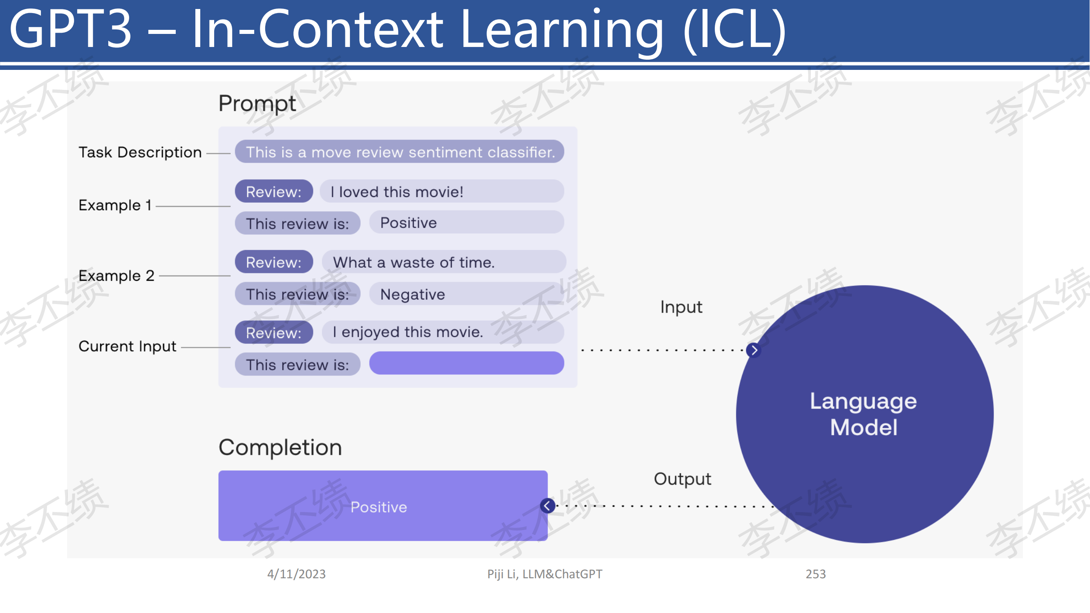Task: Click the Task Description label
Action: coord(140,152)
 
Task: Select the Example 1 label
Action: coord(115,205)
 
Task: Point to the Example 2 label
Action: coord(116,276)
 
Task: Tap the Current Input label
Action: coord(128,347)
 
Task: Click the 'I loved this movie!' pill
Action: coord(442,192)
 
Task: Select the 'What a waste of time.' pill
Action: coord(444,262)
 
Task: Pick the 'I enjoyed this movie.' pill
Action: coord(443,332)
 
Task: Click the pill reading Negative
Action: coord(467,294)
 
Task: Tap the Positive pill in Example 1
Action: coord(467,223)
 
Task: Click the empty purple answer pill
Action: coord(467,363)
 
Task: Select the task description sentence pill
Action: coord(399,152)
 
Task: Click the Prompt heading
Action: coord(257,104)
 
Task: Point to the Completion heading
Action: coord(280,447)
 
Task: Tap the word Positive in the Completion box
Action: coord(379,507)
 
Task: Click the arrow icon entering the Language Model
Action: coord(754,350)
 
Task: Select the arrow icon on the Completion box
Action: coord(548,506)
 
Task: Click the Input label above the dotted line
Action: coord(681,308)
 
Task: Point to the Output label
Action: coord(683,479)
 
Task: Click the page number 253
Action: coord(815,574)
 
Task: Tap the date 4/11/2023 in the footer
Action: coord(296,574)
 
